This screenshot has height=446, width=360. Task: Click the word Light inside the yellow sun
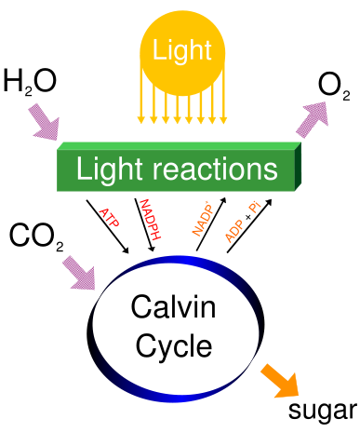click(182, 51)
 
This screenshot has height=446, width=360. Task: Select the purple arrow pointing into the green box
click(43, 121)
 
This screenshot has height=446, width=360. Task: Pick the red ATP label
click(109, 218)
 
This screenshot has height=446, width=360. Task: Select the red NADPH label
click(150, 221)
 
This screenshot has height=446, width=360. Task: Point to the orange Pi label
click(254, 209)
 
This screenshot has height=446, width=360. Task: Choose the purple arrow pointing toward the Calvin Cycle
click(78, 272)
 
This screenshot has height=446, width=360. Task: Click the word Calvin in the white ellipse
click(173, 307)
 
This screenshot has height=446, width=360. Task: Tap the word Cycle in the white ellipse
click(174, 346)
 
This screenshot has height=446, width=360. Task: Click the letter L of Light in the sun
click(159, 51)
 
